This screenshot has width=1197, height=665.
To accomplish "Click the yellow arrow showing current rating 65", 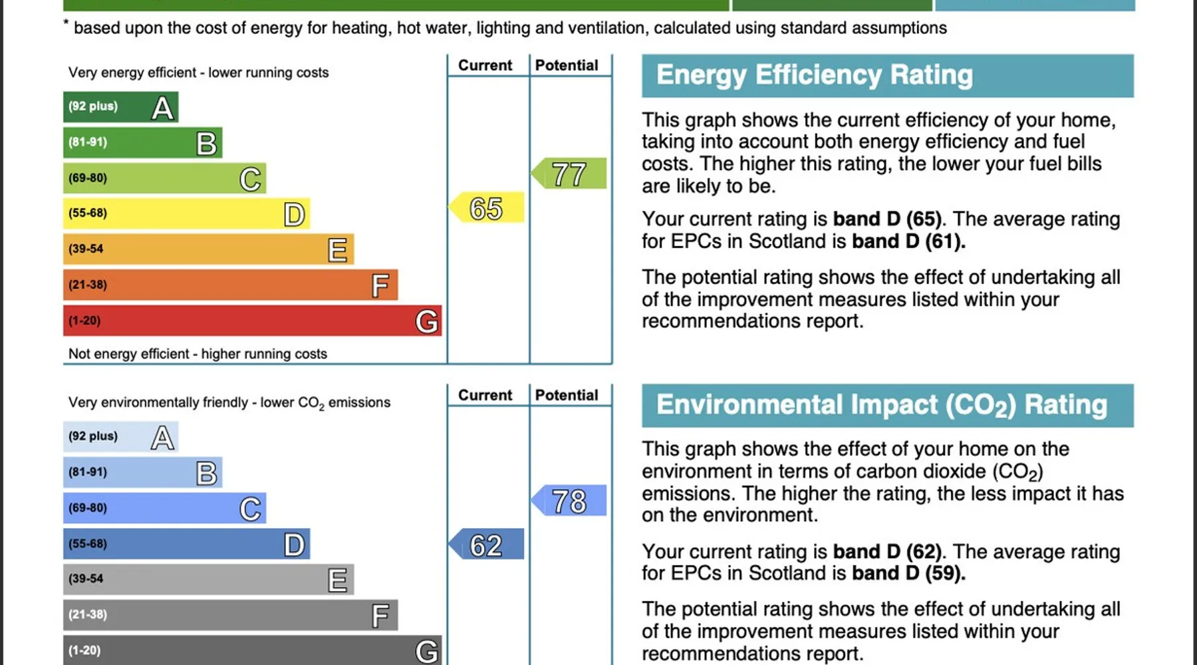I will pos(487,208).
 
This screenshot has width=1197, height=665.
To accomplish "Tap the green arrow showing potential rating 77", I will pos(569,174).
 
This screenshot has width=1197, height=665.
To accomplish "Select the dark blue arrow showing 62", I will pos(487,545).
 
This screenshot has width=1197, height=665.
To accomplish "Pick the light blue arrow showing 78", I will pos(569,501).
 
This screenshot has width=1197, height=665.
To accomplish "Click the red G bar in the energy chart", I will pos(252,321).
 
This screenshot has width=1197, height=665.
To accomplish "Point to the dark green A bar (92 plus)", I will pos(120,107).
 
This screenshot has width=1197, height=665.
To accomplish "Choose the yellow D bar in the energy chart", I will pos(186,213).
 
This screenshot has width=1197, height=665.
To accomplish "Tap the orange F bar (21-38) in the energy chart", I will pos(230,285).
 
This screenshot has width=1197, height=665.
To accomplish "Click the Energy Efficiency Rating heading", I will pos(814,75).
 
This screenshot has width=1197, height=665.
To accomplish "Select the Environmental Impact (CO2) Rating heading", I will pos(881,405).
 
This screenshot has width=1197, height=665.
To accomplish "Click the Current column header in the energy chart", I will pos(485,65).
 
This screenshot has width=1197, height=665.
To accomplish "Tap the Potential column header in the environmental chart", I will pos(567,395).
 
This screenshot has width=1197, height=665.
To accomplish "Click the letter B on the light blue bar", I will pos(206,473).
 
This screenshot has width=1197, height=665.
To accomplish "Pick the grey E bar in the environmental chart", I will pos(208,579).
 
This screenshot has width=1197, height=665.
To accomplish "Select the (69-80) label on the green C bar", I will pos(88,178).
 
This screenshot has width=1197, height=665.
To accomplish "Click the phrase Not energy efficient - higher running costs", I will pos(198,354).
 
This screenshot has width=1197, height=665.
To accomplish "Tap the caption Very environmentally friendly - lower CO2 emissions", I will pos(229,403).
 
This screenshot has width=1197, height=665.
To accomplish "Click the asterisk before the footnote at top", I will pos(66,23).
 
